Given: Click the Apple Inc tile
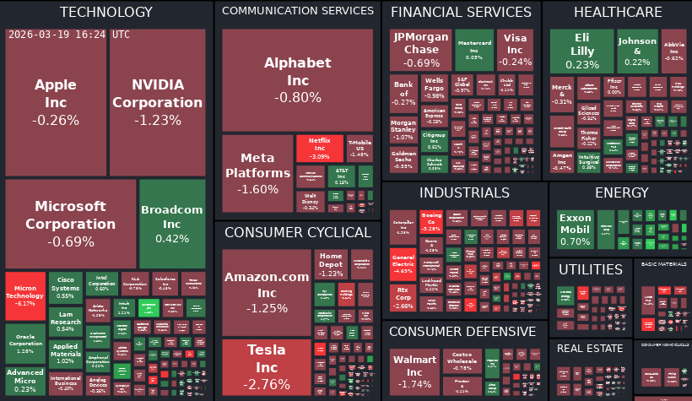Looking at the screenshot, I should coord(56,102).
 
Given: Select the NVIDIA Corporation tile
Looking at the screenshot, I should coord(157,102).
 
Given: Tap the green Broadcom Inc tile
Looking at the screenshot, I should coord(172,224).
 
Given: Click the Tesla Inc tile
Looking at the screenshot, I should coord(267,368).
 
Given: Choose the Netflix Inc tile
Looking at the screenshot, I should coord(319,149).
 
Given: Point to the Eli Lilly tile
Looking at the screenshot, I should coord(581,51).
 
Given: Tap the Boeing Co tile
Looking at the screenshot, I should coord(431,222).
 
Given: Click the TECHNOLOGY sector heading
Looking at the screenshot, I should coord(106,12).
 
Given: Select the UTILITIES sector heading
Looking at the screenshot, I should coord(591,268).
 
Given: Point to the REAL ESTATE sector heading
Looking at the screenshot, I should coord(591,348).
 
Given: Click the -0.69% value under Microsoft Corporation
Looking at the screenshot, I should coord(71,242).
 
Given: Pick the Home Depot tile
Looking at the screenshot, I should coord(331,264).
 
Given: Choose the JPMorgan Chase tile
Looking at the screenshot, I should coord(421,50).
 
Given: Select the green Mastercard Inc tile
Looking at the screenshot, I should coord(474,50).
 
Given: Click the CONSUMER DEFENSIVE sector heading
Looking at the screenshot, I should coord(462,331).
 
